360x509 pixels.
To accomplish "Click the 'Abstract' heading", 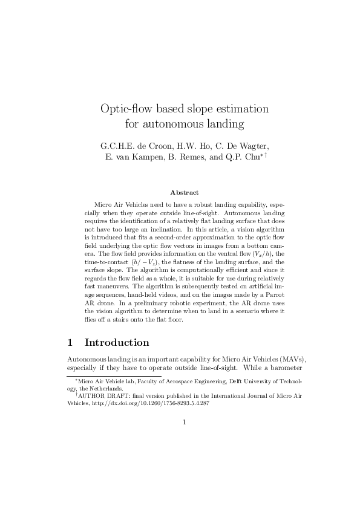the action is (x=184, y=192).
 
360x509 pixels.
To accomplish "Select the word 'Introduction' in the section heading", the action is (x=117, y=343).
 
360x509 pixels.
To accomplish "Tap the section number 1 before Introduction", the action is (x=70, y=343).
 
